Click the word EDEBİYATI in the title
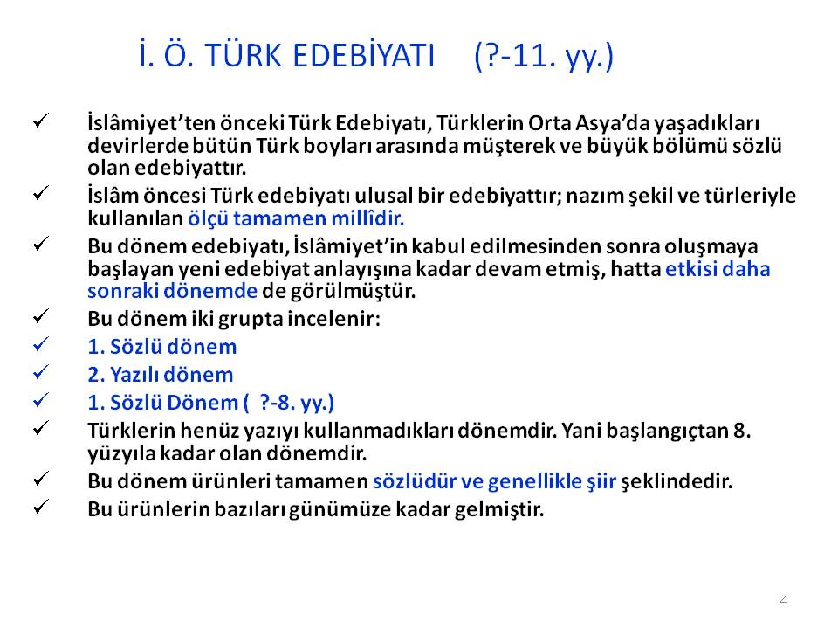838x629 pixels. [363, 55]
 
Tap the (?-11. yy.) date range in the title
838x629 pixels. [544, 56]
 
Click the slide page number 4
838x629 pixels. [784, 600]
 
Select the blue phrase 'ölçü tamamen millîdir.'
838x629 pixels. [296, 218]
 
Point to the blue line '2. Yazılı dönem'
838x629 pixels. [161, 375]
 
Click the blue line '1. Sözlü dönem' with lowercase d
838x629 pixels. [162, 347]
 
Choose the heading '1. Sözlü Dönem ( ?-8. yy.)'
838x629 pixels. [210, 403]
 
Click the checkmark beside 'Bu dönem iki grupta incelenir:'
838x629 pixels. [41, 316]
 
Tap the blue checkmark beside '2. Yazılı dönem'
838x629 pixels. [41, 372]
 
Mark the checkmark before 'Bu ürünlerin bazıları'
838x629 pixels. [41, 506]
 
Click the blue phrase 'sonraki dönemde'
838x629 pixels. [172, 290]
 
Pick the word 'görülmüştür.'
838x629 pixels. [353, 291]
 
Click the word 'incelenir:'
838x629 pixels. [334, 319]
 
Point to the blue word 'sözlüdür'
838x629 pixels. [414, 481]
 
